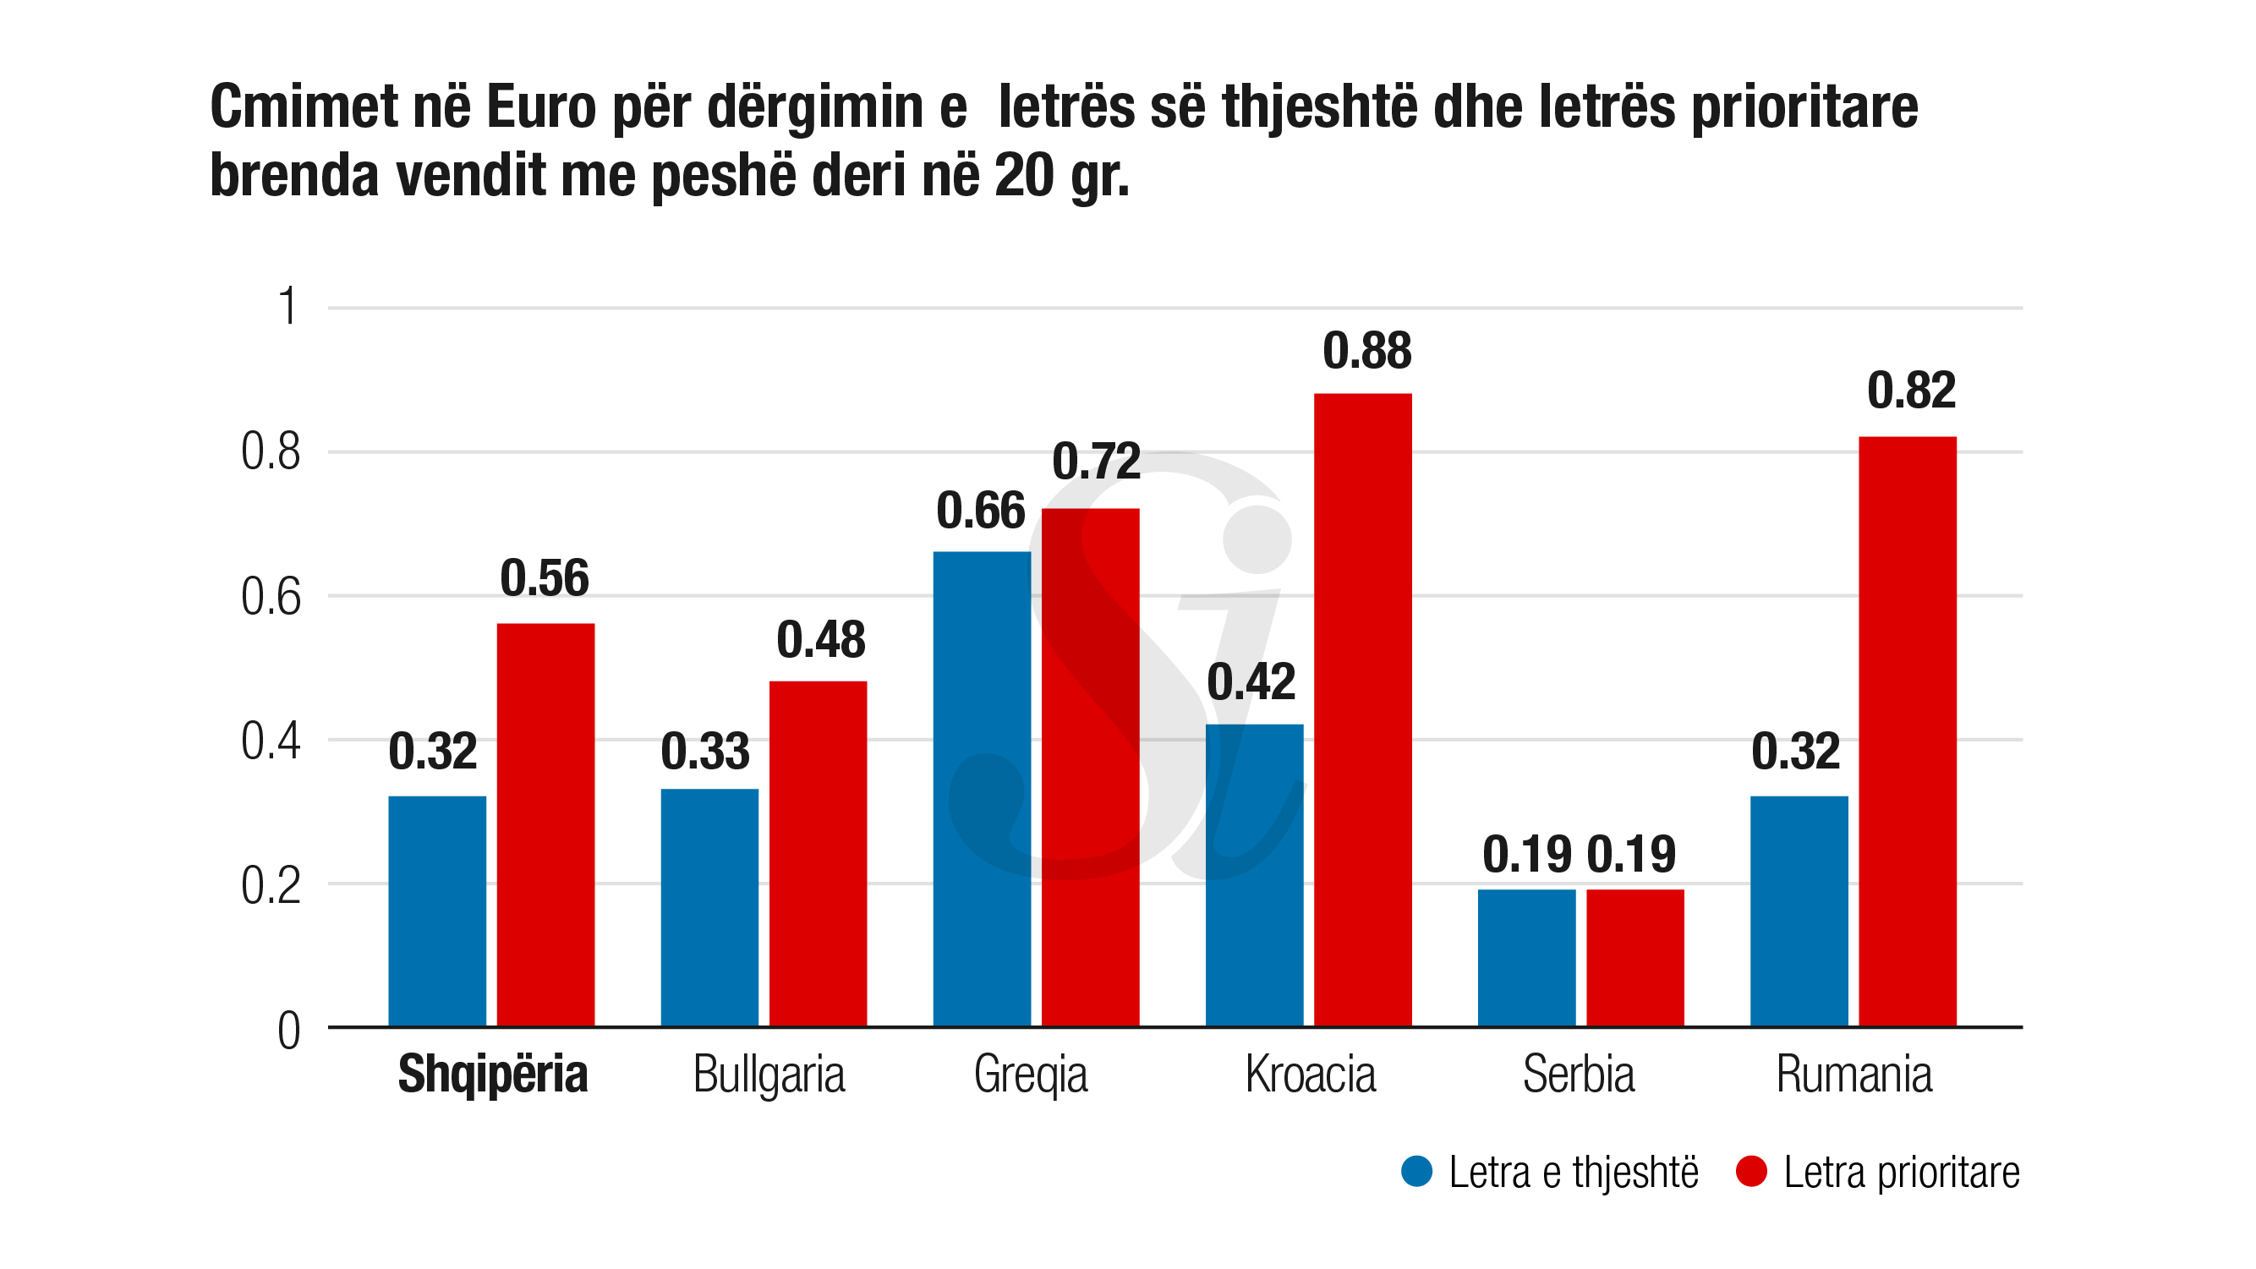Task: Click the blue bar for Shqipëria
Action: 437,911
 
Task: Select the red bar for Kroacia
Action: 1363,709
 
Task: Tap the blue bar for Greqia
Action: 982,788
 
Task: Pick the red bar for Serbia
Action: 1635,957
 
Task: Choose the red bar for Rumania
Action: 1908,731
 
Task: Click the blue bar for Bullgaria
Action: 709,907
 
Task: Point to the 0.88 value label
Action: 1366,351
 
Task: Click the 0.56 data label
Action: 545,579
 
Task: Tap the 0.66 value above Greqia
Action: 980,511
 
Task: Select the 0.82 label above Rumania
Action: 1911,391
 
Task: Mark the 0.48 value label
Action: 820,640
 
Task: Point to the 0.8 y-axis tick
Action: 271,453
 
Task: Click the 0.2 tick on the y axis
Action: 271,885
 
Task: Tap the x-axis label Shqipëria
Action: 492,1075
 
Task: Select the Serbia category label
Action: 1578,1075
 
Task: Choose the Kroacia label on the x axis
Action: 1310,1075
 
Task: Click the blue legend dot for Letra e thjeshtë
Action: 1416,1172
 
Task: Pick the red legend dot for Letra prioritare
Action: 1750,1172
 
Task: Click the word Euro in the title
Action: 540,107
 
